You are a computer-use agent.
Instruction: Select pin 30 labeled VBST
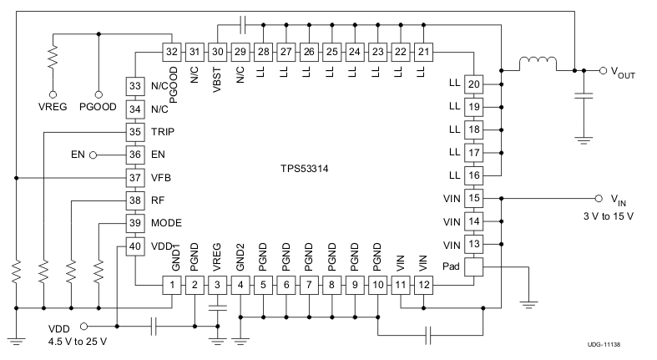217,53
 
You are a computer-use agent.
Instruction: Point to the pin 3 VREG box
217,286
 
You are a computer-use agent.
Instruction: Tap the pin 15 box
473,199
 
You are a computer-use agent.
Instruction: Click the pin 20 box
473,84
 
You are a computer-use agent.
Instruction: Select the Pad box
473,267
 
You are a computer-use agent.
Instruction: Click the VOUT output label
619,73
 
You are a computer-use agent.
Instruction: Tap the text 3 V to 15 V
608,216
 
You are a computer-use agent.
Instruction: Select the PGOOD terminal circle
99,94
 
